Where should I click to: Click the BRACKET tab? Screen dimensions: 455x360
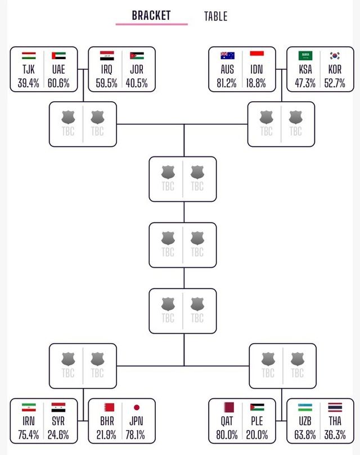coord(151,15)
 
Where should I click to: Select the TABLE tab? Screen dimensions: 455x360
coord(215,16)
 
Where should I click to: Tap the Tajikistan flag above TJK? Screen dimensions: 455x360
coord(29,56)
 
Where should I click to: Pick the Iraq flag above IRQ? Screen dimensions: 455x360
coord(107,56)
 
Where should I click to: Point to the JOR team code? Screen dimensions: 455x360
coord(137,70)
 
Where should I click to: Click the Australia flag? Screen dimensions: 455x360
coord(227,56)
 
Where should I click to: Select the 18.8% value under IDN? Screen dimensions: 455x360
coord(256,83)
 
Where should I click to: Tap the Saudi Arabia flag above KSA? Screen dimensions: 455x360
coord(305,56)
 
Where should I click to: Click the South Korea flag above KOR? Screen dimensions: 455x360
coord(335,56)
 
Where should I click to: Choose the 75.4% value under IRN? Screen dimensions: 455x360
coord(29,435)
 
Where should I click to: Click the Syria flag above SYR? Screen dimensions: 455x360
coord(58,407)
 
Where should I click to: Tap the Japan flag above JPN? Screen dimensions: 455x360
coord(137,407)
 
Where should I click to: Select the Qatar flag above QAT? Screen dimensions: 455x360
coord(227,407)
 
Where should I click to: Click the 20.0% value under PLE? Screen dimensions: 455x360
coord(256,435)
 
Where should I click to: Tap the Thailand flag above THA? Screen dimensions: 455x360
coord(335,407)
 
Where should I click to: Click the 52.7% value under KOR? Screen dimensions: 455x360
coord(335,83)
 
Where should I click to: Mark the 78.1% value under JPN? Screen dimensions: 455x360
coord(137,435)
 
